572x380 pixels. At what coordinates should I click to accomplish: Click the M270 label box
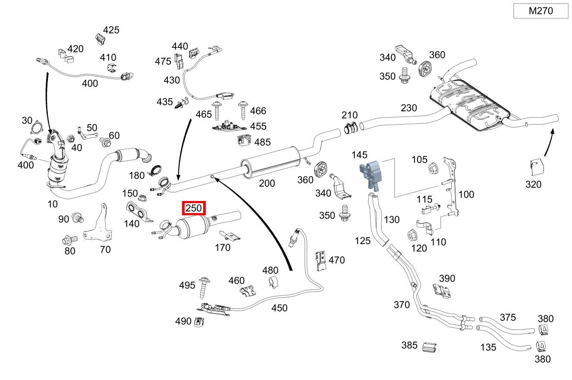point(541,11)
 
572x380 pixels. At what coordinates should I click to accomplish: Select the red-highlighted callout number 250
point(193,208)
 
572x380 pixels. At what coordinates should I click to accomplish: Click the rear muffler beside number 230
point(468,104)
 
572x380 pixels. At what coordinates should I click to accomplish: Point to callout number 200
point(267,183)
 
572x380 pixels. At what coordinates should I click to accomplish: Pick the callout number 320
point(533,184)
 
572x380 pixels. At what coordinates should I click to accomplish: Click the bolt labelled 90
point(78,218)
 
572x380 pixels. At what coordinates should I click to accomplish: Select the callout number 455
point(258,126)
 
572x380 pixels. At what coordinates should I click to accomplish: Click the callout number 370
point(401,305)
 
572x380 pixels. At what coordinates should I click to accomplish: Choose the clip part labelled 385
point(429,347)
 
